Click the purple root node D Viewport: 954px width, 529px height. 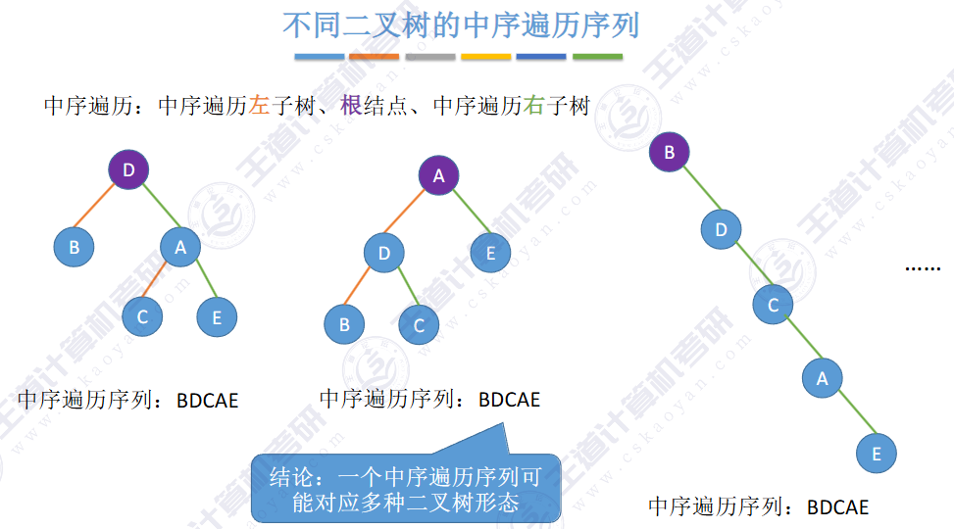[128, 171]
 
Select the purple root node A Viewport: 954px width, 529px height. [439, 176]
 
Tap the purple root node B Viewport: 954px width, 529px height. [670, 152]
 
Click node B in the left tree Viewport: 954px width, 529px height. [74, 247]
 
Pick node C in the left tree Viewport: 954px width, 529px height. [142, 316]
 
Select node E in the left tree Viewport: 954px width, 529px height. [217, 317]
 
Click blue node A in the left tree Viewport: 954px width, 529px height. [180, 248]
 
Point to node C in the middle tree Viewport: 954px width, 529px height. [420, 324]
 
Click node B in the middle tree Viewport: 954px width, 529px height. [344, 324]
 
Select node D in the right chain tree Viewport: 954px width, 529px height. [722, 230]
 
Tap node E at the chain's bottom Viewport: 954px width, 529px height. [877, 454]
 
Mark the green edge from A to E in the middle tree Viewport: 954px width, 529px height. [466, 214]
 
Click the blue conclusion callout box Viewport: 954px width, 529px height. [405, 489]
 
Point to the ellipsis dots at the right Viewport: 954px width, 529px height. [922, 266]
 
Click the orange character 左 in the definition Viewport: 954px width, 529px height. [259, 106]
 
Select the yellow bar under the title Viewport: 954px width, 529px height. [485, 57]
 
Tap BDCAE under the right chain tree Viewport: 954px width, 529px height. [837, 507]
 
